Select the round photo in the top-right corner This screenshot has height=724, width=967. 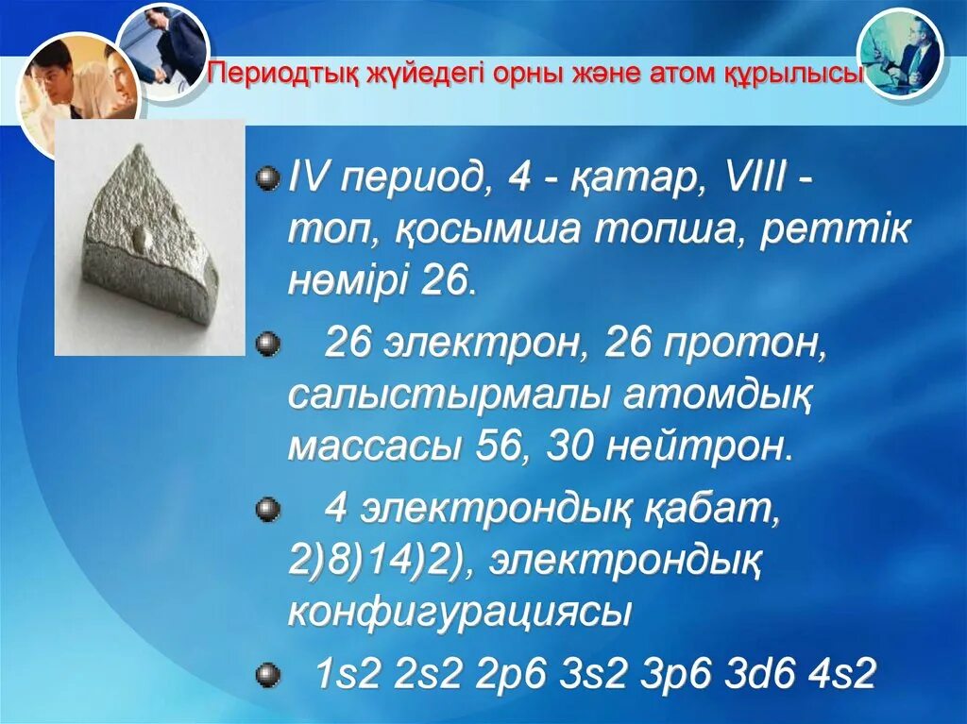[899, 53]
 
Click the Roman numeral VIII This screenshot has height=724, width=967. [742, 178]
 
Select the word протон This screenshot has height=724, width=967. [749, 345]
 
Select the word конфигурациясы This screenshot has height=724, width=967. [458, 614]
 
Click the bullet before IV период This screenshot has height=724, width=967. [269, 177]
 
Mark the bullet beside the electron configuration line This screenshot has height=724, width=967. [269, 674]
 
